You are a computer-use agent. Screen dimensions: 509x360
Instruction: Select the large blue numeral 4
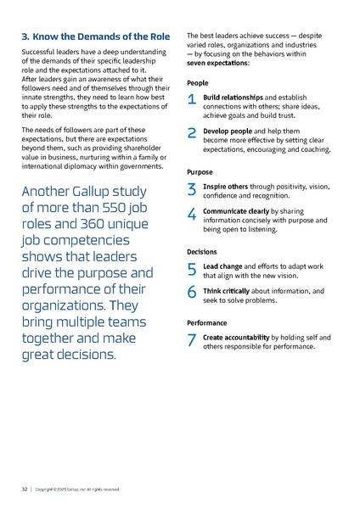click(x=192, y=215)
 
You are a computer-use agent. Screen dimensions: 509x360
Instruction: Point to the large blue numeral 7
click(x=192, y=341)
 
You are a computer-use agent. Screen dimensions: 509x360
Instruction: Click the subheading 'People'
click(x=197, y=83)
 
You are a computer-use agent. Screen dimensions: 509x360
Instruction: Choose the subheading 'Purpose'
click(x=200, y=171)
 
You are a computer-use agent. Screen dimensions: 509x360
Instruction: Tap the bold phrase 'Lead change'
click(x=222, y=266)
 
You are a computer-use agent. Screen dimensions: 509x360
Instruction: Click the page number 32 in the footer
click(x=25, y=489)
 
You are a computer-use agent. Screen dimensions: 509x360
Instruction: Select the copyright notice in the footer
click(x=78, y=489)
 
